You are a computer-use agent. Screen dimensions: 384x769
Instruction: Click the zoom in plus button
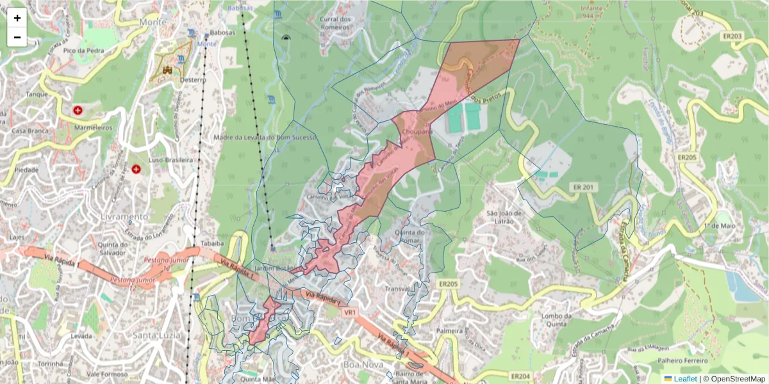coord(17,18)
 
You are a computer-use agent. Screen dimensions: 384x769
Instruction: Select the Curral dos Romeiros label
coord(337,23)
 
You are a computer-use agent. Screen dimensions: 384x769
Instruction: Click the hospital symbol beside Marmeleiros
coord(78,111)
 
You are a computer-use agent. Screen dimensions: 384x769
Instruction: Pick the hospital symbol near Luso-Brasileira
coord(136,169)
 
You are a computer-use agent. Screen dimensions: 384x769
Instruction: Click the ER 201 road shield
coord(582,186)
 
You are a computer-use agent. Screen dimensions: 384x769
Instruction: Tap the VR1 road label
coord(349,313)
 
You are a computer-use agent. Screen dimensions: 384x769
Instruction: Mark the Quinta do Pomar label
coord(410,236)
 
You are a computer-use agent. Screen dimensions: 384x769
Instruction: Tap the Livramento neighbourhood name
coord(124,217)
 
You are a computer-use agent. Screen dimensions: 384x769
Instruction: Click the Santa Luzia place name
coord(156,335)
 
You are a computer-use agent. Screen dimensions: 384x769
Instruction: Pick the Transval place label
coord(396,289)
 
